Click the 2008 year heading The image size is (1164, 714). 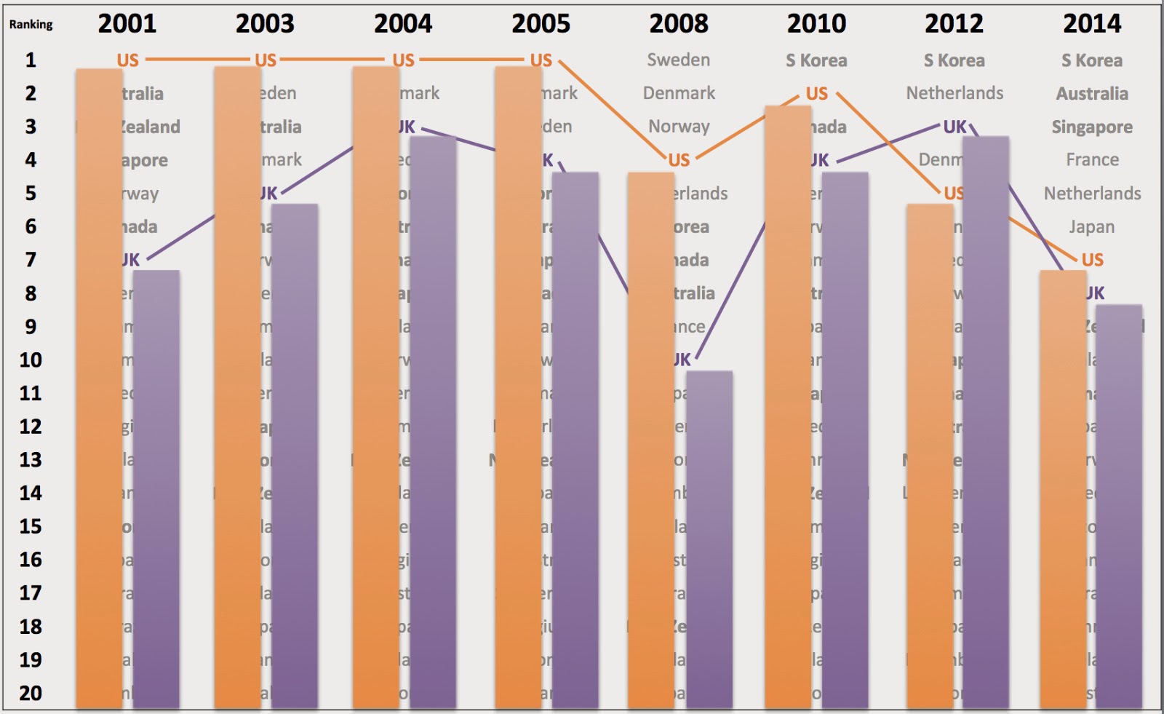[x=679, y=24]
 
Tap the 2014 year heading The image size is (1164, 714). [x=1092, y=24]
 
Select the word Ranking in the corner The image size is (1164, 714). [x=31, y=24]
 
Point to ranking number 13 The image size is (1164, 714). [x=31, y=460]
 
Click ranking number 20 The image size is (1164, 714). [x=31, y=693]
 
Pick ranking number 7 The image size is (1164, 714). [x=31, y=260]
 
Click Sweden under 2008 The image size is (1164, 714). [x=679, y=60]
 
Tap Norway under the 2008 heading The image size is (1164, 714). [x=679, y=127]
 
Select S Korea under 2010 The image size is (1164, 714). [x=816, y=60]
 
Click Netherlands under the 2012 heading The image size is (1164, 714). [x=954, y=93]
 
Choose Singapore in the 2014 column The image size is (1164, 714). [x=1092, y=127]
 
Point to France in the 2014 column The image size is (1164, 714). [x=1092, y=159]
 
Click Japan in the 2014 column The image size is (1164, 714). [x=1091, y=227]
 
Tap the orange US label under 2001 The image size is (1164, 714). [x=127, y=60]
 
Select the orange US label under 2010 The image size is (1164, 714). [x=816, y=94]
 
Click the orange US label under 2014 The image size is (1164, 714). [x=1092, y=260]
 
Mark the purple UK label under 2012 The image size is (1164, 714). [x=954, y=127]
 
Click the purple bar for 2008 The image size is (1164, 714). [x=709, y=539]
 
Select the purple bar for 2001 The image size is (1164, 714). [x=156, y=488]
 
